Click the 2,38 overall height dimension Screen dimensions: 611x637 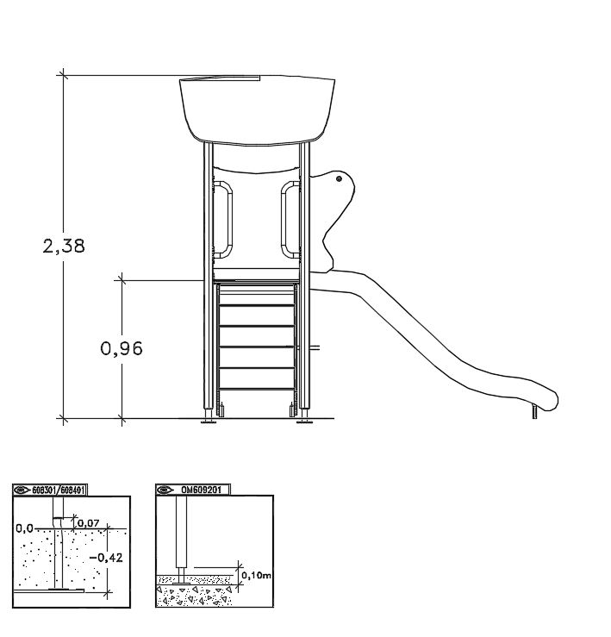(x=64, y=247)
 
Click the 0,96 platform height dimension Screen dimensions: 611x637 (x=122, y=348)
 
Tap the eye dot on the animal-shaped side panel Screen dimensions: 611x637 (x=339, y=178)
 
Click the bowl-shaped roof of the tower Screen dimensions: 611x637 (x=257, y=109)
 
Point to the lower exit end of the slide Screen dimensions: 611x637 (x=549, y=400)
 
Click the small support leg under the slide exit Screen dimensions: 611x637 (x=534, y=411)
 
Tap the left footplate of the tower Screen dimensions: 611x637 (x=209, y=422)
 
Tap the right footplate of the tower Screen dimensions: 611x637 (x=305, y=422)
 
